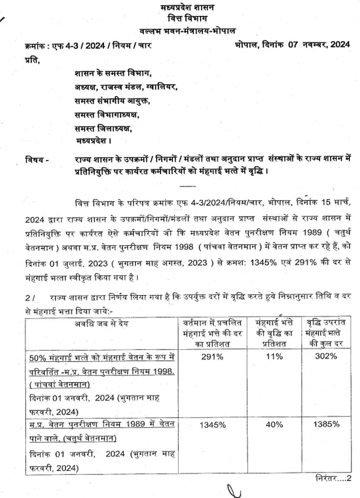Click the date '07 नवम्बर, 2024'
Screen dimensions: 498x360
coord(310,44)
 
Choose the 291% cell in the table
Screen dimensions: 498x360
coord(212,357)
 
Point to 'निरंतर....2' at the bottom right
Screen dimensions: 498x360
coord(333,478)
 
